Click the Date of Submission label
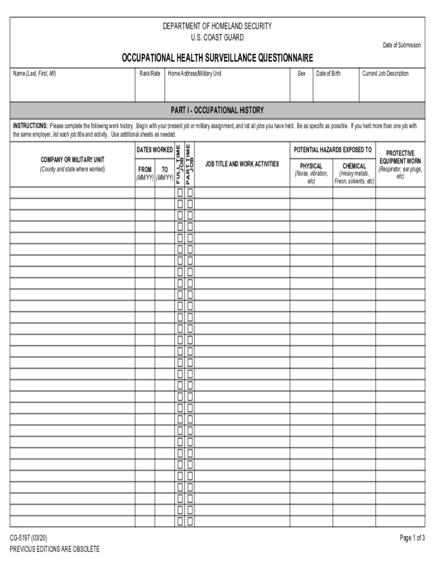click(x=402, y=45)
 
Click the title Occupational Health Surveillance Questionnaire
click(x=217, y=58)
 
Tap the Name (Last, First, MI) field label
click(x=35, y=74)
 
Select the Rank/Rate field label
click(x=150, y=74)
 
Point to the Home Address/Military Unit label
click(x=194, y=74)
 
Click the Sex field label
click(x=302, y=74)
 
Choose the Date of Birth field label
click(x=328, y=74)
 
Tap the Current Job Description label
click(x=385, y=74)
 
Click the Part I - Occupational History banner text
click(x=217, y=110)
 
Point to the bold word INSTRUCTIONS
click(x=31, y=126)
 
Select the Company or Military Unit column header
click(x=72, y=160)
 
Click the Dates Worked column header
click(x=154, y=150)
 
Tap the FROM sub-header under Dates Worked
click(x=145, y=169)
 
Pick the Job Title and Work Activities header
click(x=242, y=164)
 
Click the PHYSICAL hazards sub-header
click(x=311, y=166)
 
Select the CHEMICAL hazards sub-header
click(x=354, y=166)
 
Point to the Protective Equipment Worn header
click(x=400, y=157)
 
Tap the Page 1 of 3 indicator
click(x=412, y=538)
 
